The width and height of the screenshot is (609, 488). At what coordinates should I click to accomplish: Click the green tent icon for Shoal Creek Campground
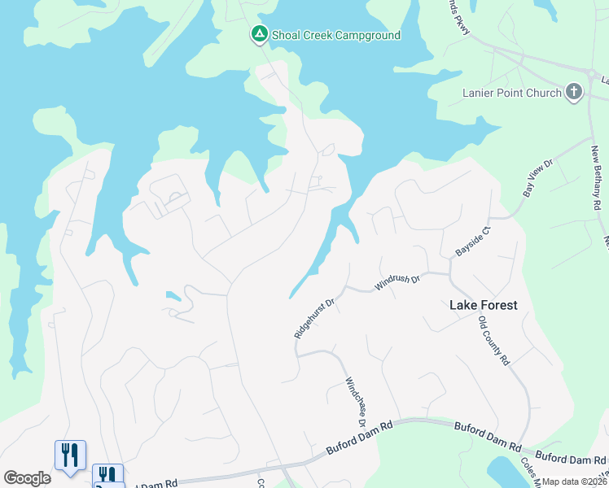[x=259, y=34]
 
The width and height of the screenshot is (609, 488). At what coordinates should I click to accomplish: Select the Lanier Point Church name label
[x=511, y=93]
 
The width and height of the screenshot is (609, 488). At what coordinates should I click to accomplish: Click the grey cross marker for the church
[x=575, y=92]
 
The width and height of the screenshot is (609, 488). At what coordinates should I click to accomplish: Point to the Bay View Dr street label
[x=537, y=176]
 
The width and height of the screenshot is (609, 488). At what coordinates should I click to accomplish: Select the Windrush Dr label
[x=397, y=283]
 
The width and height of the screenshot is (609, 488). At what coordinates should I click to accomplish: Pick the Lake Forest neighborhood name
[x=484, y=306]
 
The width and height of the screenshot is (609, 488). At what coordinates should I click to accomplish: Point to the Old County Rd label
[x=493, y=341]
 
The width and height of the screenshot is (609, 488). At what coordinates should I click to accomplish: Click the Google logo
[x=27, y=478]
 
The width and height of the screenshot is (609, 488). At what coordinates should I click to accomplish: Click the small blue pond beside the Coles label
[x=502, y=472]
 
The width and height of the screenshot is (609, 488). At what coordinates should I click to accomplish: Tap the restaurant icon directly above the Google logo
[x=70, y=454]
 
